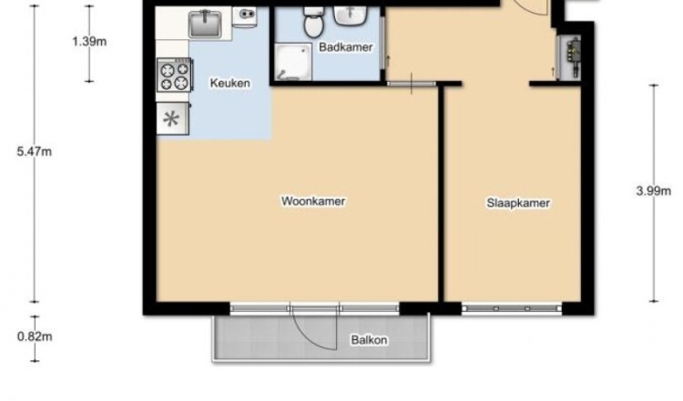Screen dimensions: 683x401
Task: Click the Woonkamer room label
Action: (313, 201)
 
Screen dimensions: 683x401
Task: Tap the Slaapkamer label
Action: (518, 203)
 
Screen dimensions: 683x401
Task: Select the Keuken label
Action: (230, 83)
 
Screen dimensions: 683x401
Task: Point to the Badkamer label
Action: (346, 47)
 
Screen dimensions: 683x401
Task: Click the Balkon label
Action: (369, 340)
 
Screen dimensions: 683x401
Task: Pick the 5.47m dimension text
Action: (34, 151)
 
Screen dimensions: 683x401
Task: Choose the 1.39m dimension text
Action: (89, 42)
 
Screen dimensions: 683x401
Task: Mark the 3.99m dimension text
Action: (653, 191)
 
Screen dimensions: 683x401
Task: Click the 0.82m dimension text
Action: (35, 336)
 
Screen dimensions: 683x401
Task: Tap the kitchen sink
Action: (205, 25)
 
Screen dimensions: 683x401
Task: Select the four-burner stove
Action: (174, 75)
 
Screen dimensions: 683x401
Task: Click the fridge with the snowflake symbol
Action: (173, 119)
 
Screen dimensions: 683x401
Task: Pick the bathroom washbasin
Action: (350, 16)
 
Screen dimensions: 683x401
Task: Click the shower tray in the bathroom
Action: (293, 61)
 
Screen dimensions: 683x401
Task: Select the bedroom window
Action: (512, 308)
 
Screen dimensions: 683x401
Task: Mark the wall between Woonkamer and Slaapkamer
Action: (441, 194)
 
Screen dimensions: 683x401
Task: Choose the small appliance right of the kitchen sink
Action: (244, 16)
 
